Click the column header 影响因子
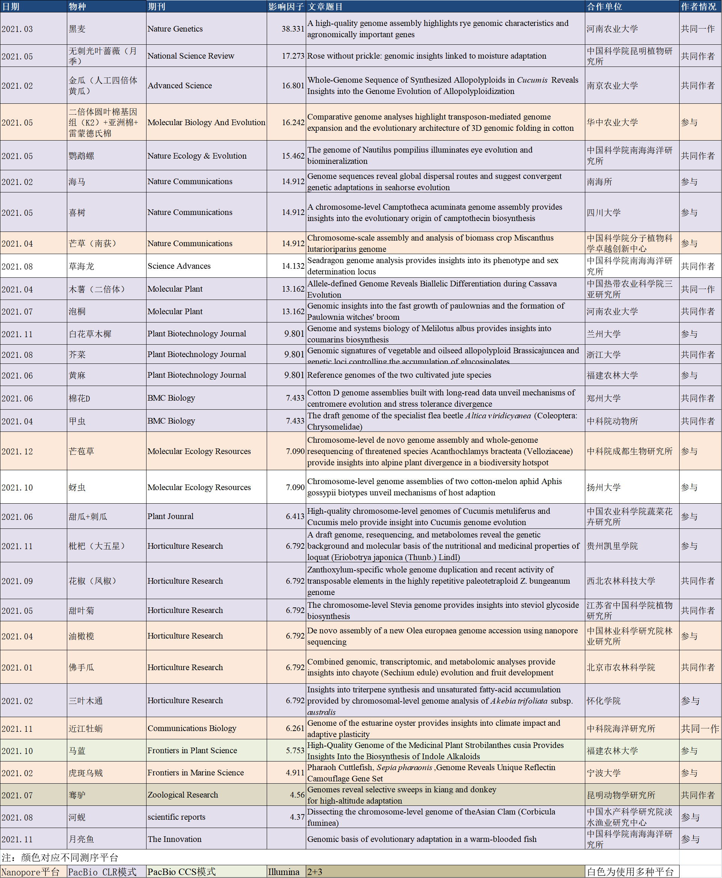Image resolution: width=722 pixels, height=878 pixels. [x=286, y=7]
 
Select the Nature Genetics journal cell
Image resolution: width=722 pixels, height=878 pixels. [x=175, y=29]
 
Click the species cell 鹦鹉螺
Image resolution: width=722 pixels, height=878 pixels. [x=82, y=156]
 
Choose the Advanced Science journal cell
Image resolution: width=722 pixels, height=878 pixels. [x=180, y=85]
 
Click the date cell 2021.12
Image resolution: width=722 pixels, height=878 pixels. [x=17, y=451]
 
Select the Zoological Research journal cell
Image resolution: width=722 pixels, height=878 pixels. [x=183, y=795]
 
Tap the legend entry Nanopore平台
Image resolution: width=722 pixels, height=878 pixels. [x=30, y=872]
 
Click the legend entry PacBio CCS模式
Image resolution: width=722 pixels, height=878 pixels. [x=181, y=872]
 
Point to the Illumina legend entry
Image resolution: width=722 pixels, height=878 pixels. [x=284, y=872]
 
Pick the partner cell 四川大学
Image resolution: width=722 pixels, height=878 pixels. [x=603, y=213]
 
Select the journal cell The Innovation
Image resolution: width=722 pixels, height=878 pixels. [x=174, y=839]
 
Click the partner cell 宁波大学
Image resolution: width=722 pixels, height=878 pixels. [x=603, y=773]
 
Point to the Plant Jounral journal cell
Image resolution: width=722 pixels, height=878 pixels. [x=171, y=516]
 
